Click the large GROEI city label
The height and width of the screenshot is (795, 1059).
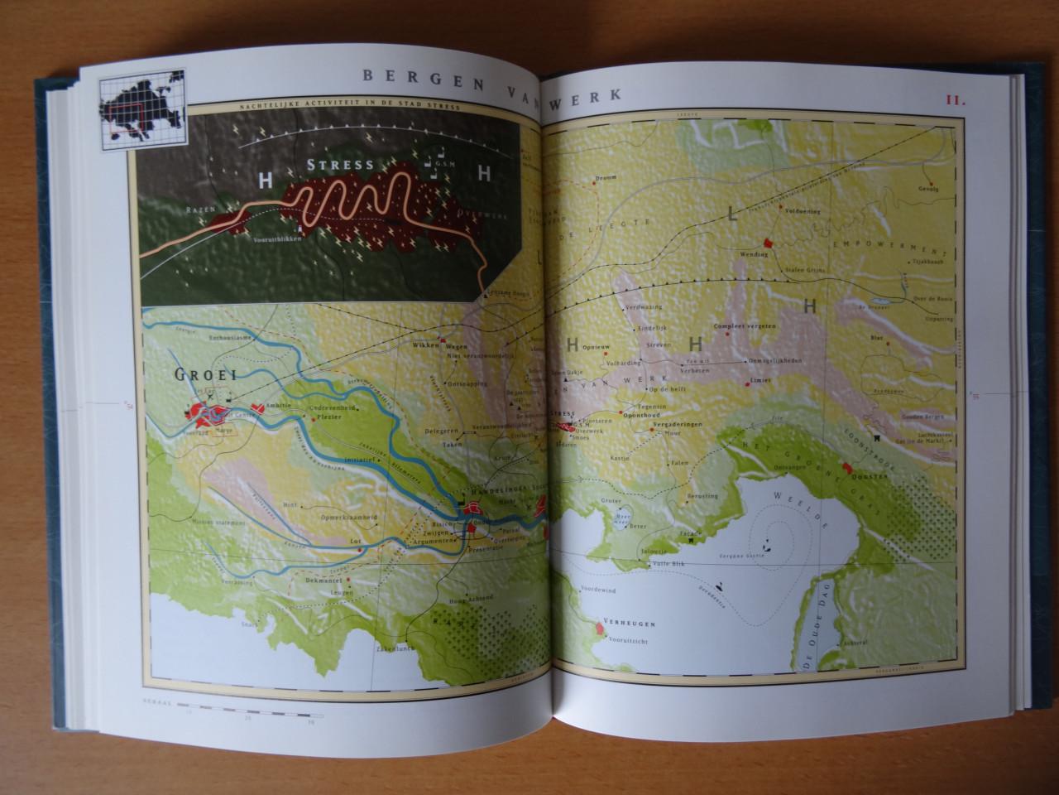point(205,374)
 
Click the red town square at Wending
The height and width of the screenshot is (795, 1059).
point(767,243)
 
